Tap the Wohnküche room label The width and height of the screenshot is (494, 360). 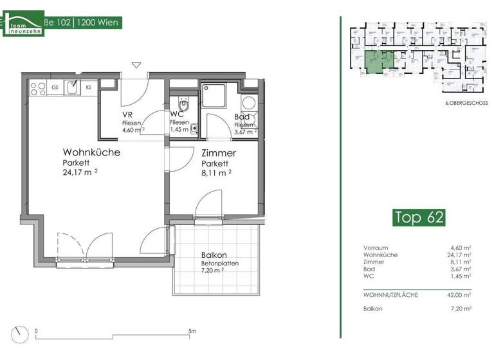tap(91, 152)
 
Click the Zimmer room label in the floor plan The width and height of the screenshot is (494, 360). tap(218, 154)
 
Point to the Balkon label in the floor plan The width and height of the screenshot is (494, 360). tap(214, 255)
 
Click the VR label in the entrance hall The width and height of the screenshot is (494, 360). tap(127, 115)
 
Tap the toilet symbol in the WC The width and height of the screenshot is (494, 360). tap(183, 105)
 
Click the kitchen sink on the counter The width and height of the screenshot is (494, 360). tap(73, 86)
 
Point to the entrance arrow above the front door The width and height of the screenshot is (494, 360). tap(136, 65)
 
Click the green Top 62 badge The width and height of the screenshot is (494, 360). tap(418, 217)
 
